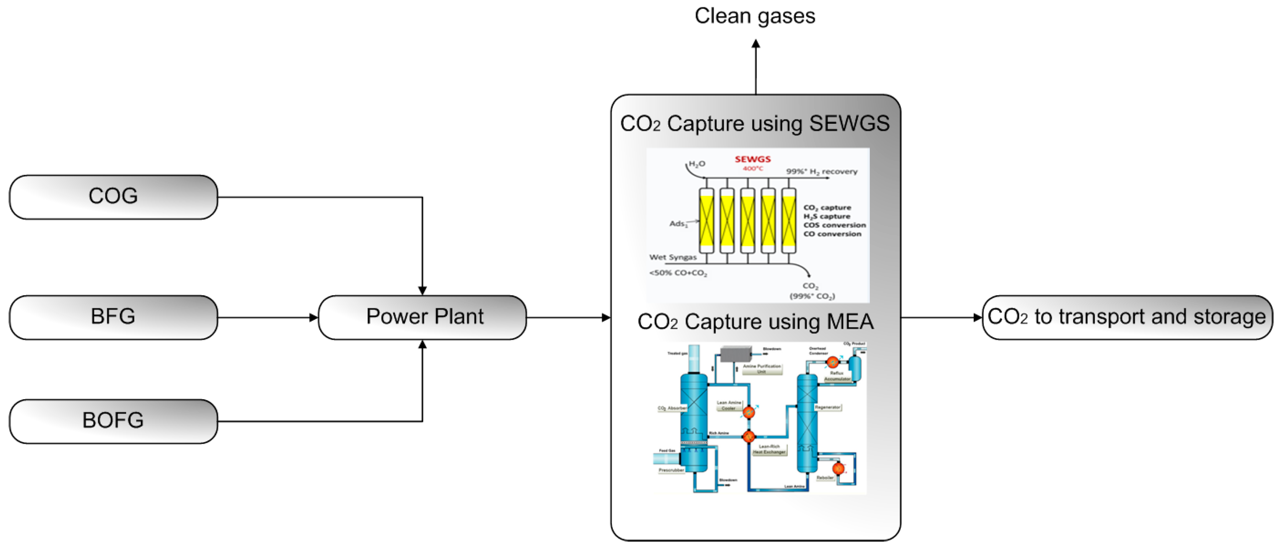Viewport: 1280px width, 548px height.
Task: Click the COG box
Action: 113,196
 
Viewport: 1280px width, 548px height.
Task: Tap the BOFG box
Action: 113,421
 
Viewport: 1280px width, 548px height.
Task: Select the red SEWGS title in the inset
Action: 753,159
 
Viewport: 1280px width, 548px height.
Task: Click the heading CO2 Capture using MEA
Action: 755,322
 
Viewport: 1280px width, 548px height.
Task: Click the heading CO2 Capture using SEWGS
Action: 755,123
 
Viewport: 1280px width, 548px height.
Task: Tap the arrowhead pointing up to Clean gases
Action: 756,44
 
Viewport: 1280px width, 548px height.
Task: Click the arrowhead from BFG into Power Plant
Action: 313,318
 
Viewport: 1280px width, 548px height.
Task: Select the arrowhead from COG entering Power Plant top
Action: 422,291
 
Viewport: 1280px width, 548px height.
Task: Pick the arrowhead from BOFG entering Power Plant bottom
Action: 422,344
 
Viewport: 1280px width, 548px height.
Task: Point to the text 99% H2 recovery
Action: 821,172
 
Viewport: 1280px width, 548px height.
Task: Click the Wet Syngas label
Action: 673,257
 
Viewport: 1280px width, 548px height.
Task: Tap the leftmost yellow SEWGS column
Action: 706,221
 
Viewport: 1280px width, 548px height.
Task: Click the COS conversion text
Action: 834,225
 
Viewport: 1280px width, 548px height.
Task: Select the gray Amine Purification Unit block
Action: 735,354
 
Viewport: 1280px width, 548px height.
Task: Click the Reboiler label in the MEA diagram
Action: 825,477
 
